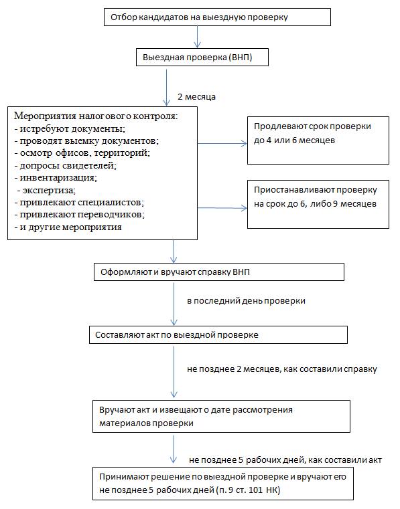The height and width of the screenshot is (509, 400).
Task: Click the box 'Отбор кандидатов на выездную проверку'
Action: [217, 17]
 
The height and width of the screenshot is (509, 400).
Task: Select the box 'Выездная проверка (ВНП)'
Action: [202, 58]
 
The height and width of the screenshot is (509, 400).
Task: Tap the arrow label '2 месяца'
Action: [196, 97]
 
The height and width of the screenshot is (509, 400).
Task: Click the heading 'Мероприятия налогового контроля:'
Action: [96, 116]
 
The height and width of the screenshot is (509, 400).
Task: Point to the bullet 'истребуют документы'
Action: [70, 129]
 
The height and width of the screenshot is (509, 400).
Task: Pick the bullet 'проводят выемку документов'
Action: [86, 141]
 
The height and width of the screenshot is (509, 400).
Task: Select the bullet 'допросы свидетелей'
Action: [66, 166]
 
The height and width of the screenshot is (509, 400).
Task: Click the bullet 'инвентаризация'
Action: [56, 178]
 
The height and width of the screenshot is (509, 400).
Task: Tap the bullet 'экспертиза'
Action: [46, 190]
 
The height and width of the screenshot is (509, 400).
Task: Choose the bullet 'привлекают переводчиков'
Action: [80, 215]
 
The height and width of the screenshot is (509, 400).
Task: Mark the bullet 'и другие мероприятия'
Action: [68, 227]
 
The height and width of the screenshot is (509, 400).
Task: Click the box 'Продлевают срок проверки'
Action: [318, 140]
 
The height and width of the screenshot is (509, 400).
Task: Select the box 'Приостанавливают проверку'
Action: [318, 205]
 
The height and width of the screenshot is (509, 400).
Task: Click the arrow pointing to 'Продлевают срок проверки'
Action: [222, 143]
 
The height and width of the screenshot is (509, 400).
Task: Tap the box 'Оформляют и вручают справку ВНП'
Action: [219, 272]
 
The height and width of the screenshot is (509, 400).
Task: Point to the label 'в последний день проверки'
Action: [246, 301]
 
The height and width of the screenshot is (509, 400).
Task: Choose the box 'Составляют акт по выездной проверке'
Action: [218, 335]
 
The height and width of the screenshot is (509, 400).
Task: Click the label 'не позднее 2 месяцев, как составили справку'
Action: [282, 369]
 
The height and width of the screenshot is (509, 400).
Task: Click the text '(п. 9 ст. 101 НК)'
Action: [248, 490]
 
